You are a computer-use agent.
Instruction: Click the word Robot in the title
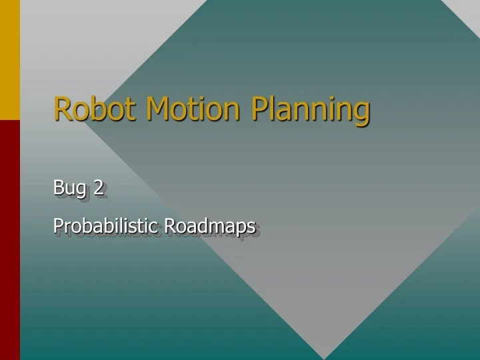(x=96, y=109)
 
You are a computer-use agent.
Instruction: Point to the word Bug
(x=69, y=189)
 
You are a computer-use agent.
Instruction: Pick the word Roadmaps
(x=210, y=227)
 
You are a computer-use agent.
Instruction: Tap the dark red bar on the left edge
(x=9, y=240)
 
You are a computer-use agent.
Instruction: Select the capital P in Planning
(x=259, y=109)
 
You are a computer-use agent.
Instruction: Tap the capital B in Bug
(x=58, y=188)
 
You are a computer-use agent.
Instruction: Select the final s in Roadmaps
(x=251, y=228)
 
